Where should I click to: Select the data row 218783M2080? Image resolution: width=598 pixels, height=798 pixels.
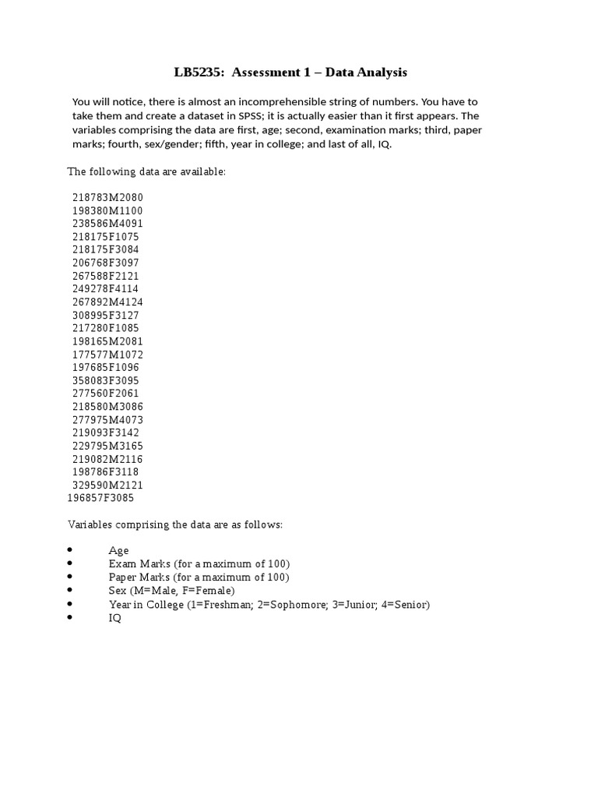[x=107, y=198]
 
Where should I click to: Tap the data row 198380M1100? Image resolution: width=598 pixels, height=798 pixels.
[x=107, y=211]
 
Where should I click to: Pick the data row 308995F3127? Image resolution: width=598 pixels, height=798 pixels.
[x=107, y=316]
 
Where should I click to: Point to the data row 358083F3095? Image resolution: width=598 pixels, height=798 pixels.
[x=107, y=380]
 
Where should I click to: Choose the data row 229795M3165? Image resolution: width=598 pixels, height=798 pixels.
[x=107, y=446]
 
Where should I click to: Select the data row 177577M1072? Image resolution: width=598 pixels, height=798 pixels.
[x=107, y=355]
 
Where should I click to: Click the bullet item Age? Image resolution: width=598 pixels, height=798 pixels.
[x=118, y=551]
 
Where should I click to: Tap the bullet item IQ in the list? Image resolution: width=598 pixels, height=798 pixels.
[x=115, y=618]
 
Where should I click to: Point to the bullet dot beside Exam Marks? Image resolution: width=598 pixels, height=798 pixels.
[x=70, y=563]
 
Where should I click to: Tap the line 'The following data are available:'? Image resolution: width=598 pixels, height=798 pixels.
[x=146, y=171]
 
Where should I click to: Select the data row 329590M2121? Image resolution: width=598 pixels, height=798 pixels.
[x=107, y=485]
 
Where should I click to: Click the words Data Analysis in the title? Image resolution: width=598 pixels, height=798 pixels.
[x=366, y=73]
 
